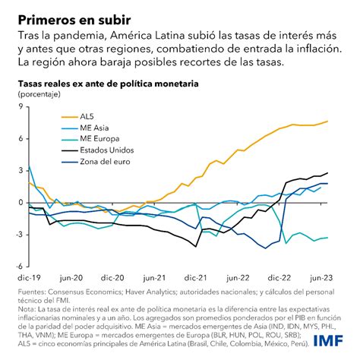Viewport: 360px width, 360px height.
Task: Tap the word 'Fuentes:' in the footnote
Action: [31, 290]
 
